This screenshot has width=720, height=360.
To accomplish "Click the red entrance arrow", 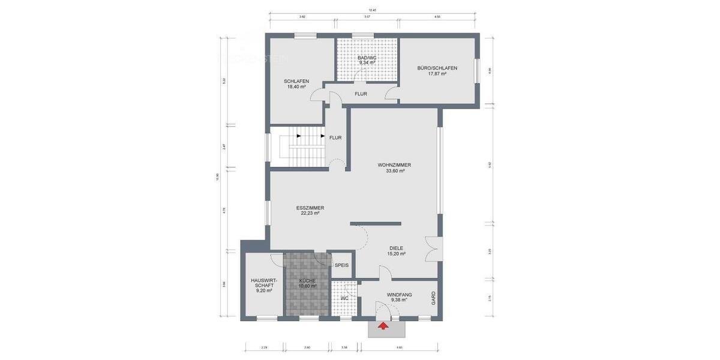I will (382, 326).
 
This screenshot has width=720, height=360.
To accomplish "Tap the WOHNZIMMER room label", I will (394, 165).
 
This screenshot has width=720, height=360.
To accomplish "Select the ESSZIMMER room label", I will (310, 208).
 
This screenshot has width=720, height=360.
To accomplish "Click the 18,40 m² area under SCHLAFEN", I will (296, 87).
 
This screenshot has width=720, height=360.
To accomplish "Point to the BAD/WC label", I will (367, 57).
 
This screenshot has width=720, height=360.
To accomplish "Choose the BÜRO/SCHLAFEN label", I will (437, 68).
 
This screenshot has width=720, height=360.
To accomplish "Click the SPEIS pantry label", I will (341, 265).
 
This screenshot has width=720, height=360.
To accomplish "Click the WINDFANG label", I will (399, 294).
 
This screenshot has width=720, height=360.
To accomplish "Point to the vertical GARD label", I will (433, 298).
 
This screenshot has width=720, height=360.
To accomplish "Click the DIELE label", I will (396, 248).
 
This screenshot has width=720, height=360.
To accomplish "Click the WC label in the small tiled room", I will (345, 298).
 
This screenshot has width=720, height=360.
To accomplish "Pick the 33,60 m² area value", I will (395, 171).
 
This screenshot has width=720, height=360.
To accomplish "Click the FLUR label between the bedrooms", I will (361, 94).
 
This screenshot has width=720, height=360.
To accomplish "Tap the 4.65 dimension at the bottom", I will (399, 347).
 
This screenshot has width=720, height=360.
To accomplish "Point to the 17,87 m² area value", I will (437, 74).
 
